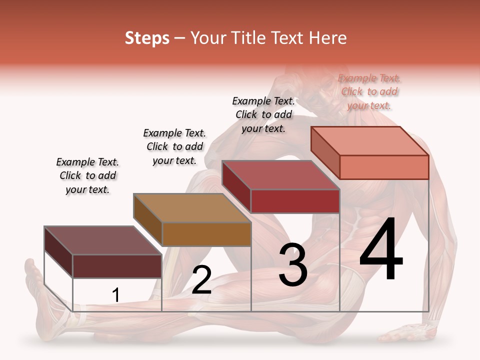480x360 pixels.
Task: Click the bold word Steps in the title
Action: [147, 38]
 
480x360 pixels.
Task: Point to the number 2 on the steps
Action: [201, 280]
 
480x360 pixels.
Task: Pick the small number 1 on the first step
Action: [115, 295]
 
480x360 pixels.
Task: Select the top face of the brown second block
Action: [192, 208]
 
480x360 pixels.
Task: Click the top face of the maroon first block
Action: [103, 240]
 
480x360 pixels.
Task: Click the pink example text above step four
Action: [369, 91]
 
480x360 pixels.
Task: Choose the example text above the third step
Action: [263, 114]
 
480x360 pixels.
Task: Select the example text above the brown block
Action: [174, 146]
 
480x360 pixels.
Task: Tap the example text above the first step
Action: [87, 175]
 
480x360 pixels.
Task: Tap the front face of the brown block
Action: [206, 234]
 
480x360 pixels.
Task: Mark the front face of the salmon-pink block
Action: [384, 167]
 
